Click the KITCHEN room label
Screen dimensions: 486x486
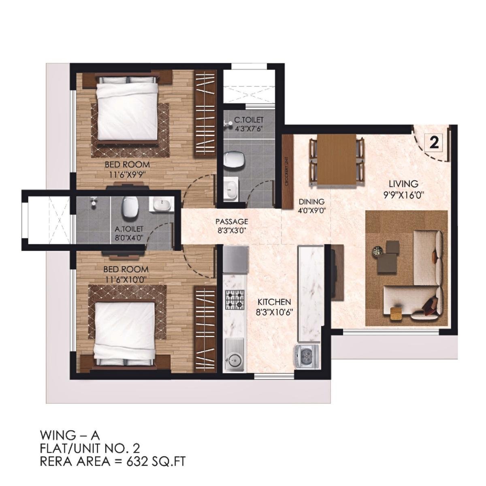(275, 302)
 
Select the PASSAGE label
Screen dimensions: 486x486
(231, 222)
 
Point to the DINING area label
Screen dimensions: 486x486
(311, 201)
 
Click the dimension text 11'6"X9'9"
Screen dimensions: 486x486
(127, 175)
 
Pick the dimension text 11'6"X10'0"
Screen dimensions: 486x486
(125, 279)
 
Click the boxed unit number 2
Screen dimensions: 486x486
(434, 143)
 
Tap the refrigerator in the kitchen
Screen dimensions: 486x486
(234, 260)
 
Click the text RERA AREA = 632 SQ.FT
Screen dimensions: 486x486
(113, 460)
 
